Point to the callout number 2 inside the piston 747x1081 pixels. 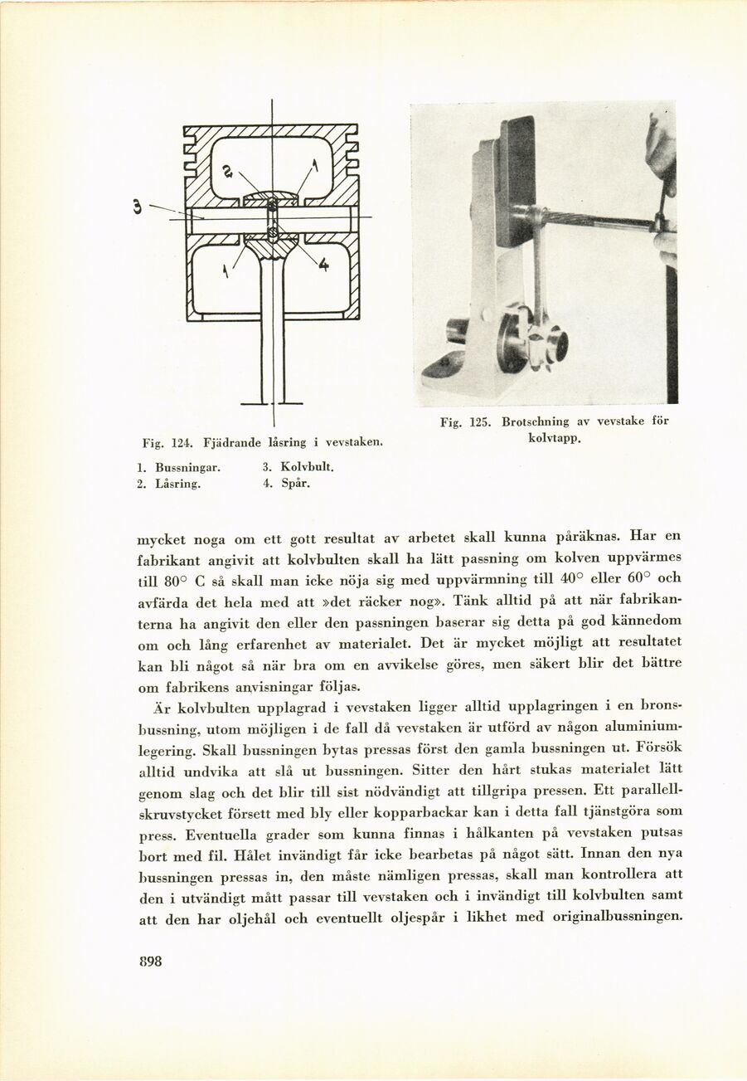229,171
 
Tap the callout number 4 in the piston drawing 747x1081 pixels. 323,265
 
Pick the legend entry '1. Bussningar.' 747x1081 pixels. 178,467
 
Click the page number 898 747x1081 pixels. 150,961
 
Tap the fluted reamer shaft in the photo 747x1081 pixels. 597,221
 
